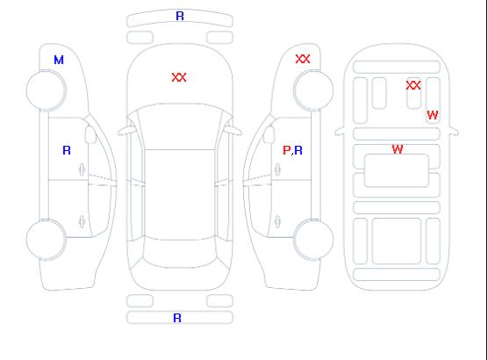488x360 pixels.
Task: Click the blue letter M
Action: tap(59, 60)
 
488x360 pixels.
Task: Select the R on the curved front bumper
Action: tap(180, 16)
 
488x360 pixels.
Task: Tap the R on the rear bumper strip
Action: tap(177, 318)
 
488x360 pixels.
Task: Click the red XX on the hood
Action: tap(179, 77)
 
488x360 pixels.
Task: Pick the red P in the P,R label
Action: tap(286, 150)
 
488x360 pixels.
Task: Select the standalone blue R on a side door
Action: tap(67, 150)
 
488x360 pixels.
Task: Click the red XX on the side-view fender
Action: tap(303, 59)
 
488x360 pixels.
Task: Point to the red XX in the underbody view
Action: tap(413, 85)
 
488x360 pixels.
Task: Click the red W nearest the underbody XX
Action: tap(433, 115)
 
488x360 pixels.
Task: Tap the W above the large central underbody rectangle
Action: tap(398, 149)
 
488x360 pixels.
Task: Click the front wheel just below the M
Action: tap(46, 90)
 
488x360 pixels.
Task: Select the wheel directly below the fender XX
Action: tap(313, 90)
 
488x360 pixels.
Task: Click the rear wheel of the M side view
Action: tap(46, 240)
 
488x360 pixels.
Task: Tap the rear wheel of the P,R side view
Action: tap(313, 240)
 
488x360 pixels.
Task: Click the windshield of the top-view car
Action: tap(180, 126)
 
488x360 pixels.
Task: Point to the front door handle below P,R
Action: tap(277, 169)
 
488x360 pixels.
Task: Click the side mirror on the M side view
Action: tap(90, 134)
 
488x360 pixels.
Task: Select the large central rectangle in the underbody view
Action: tap(397, 170)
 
